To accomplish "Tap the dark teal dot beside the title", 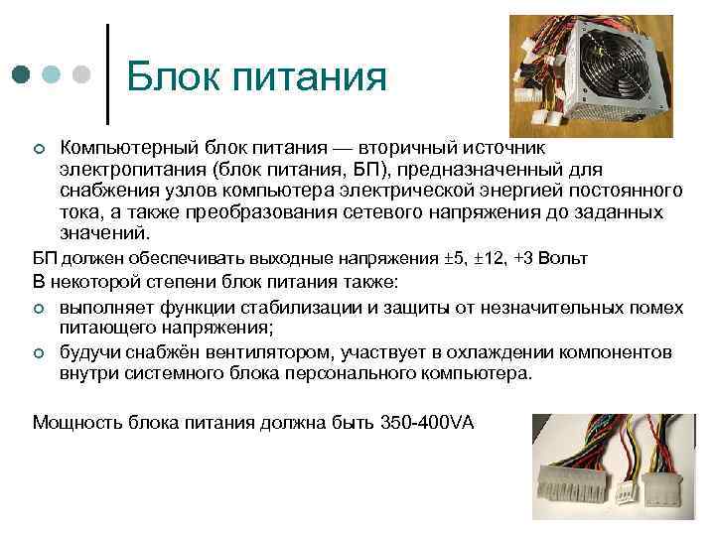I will click(x=22, y=74).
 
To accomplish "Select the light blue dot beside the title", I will click(x=52, y=74).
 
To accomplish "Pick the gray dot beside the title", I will click(x=81, y=74).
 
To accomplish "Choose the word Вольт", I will click(x=565, y=258).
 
